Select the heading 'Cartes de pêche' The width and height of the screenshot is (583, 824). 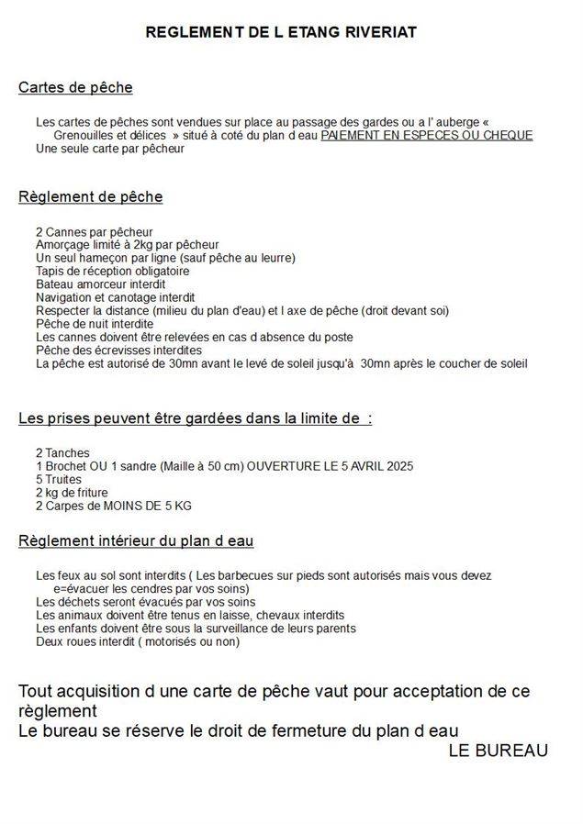[75, 88]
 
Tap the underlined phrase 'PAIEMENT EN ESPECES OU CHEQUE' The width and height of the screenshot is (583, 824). [427, 135]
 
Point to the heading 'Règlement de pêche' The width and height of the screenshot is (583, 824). [91, 196]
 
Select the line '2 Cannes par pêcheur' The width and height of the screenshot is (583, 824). [94, 232]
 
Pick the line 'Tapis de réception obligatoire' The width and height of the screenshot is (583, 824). [112, 272]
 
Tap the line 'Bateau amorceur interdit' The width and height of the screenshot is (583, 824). [100, 284]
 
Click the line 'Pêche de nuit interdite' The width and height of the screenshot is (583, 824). [95, 324]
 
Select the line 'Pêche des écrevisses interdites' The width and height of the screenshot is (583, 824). [118, 351]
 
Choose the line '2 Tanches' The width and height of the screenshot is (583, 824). [62, 453]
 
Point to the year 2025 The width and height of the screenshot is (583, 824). [398, 466]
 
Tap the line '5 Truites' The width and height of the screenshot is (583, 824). [59, 479]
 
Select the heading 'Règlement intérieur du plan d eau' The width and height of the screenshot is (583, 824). [136, 540]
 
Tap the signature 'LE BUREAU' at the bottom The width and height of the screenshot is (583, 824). [498, 751]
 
